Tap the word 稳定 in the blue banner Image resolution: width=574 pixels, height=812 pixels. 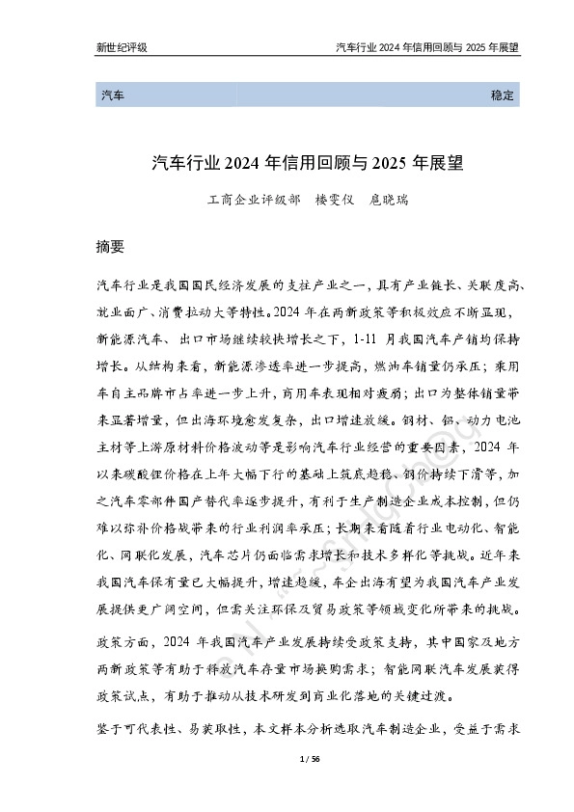click(504, 96)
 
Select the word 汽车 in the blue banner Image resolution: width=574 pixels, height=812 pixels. click(111, 96)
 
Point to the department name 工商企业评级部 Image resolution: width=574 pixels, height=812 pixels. click(247, 203)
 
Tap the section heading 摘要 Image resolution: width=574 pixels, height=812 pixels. click(111, 246)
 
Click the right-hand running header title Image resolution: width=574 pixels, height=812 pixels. click(426, 46)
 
